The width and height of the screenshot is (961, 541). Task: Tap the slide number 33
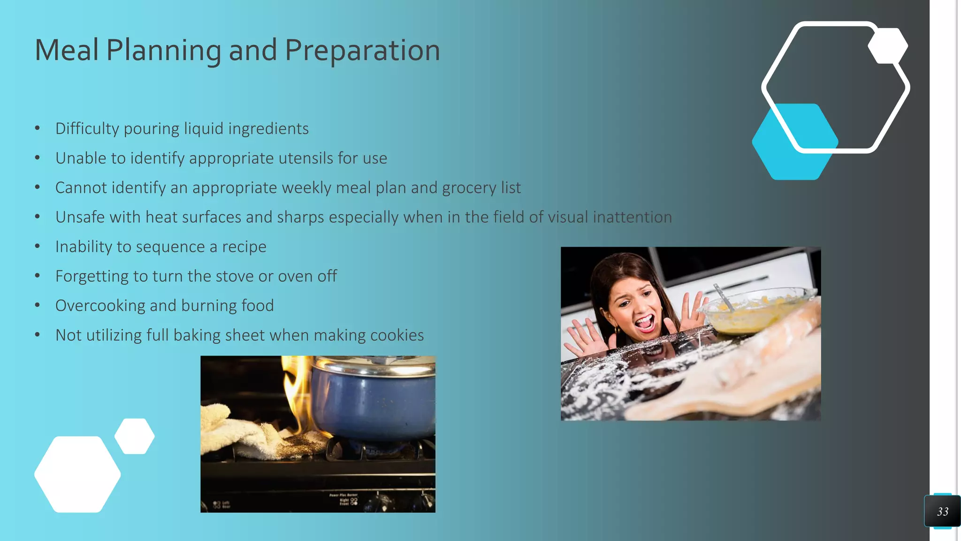[x=942, y=511]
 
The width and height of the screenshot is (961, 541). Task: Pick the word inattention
[x=632, y=217]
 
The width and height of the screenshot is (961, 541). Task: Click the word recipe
[x=244, y=247]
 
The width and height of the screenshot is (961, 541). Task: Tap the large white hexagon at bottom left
[x=77, y=474]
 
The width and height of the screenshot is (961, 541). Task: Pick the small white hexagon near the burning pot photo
[x=135, y=436]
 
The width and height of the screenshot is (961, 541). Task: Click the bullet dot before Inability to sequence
[x=38, y=247]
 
